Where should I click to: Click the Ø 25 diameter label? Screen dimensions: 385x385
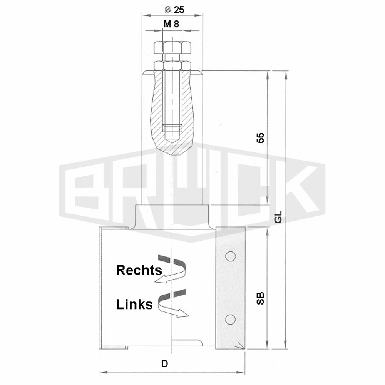click(x=174, y=10)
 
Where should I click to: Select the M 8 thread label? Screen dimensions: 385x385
click(x=171, y=24)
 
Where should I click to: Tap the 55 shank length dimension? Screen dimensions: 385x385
click(x=260, y=137)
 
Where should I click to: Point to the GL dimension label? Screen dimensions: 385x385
click(x=278, y=217)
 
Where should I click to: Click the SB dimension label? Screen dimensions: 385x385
click(x=260, y=298)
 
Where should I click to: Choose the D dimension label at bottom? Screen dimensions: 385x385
click(x=164, y=364)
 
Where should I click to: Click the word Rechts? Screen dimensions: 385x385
click(x=139, y=270)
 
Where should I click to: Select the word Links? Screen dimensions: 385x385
click(x=134, y=304)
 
